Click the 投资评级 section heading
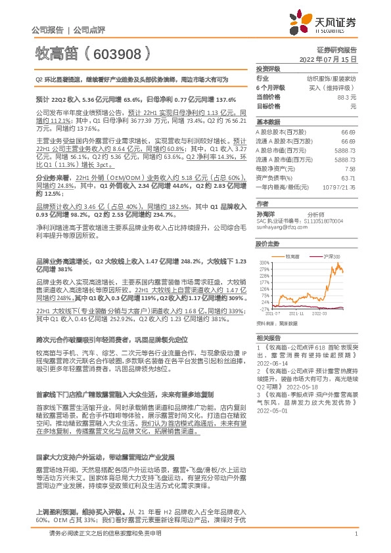(x=268, y=68)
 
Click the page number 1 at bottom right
(x=356, y=534)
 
